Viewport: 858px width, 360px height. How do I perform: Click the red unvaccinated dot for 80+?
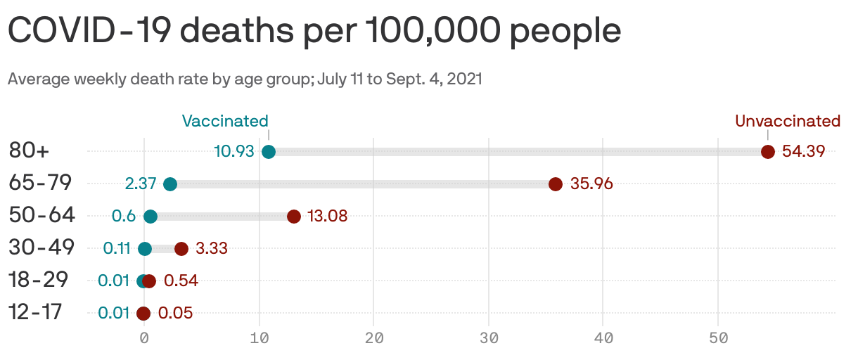point(768,152)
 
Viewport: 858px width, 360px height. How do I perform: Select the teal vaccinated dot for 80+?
point(269,152)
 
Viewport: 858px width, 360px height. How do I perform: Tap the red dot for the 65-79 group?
point(556,184)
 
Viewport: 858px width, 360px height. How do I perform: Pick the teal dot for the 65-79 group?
point(170,184)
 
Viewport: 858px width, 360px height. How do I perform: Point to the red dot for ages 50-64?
point(294,217)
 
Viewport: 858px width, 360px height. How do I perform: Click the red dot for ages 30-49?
point(181,248)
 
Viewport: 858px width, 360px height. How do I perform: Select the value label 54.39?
point(804,152)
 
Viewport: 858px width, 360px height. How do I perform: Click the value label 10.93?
point(233,152)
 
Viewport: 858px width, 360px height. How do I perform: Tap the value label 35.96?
point(591,184)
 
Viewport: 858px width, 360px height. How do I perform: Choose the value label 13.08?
point(327,217)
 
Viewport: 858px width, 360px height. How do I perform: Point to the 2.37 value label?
point(140,184)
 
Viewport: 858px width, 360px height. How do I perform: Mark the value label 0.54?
point(181,281)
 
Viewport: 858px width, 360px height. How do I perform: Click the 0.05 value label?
point(175,314)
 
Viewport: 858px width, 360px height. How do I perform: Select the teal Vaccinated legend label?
point(225,121)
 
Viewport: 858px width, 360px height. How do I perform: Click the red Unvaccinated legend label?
point(788,121)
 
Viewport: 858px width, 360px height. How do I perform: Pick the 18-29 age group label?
point(38,280)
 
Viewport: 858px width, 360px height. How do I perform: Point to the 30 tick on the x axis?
point(489,338)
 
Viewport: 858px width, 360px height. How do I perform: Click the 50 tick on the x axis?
point(718,338)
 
